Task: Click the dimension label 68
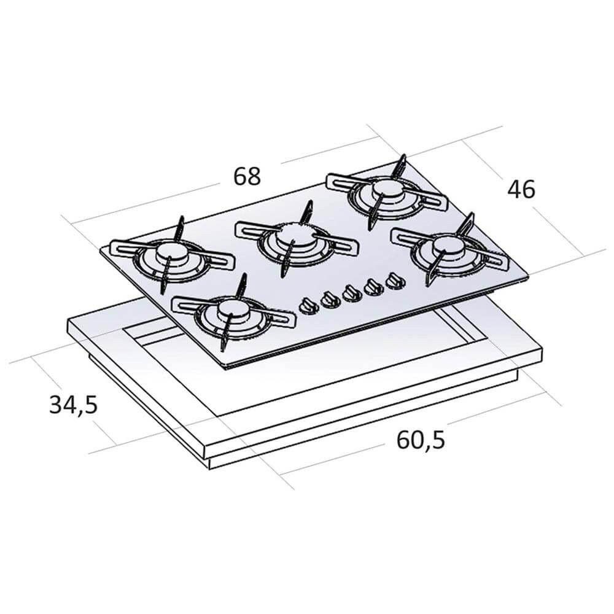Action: (247, 176)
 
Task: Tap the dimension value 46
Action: (521, 190)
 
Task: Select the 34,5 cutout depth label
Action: (73, 405)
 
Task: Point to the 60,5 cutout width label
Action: (421, 440)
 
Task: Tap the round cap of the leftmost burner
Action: (168, 252)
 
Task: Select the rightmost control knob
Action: (394, 281)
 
